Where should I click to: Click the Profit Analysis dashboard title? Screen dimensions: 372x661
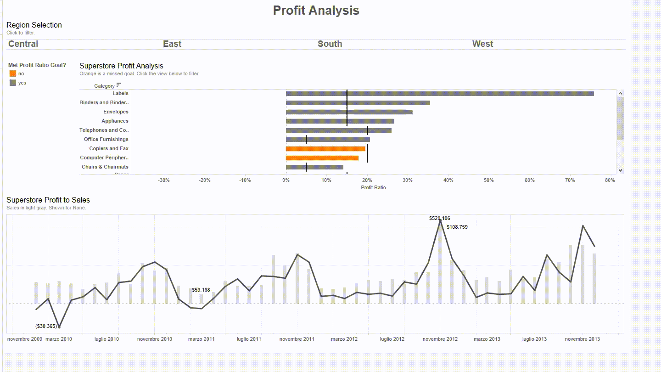click(316, 11)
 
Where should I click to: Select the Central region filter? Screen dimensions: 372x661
click(23, 44)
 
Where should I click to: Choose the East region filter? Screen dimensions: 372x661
click(172, 44)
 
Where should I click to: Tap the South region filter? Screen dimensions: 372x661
click(330, 44)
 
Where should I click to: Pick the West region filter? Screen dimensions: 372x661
click(482, 44)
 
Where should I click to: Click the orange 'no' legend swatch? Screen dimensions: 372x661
click(13, 73)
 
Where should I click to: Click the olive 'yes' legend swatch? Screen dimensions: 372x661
click(13, 83)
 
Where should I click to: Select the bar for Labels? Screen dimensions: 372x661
click(439, 94)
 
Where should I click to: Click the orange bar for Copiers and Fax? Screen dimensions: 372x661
click(325, 149)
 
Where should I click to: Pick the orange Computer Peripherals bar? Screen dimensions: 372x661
click(322, 158)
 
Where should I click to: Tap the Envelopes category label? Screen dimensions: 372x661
click(116, 112)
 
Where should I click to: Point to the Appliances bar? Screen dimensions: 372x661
click(340, 121)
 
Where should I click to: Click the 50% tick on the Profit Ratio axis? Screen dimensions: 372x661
click(489, 180)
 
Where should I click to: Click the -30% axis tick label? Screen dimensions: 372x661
click(164, 180)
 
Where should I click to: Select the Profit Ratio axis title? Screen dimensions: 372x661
click(373, 187)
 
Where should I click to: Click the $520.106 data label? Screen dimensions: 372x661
click(439, 219)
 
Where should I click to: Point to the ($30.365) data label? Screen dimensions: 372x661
click(46, 327)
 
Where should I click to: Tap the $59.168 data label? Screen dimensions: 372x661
click(201, 290)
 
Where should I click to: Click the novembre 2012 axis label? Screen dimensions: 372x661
click(440, 339)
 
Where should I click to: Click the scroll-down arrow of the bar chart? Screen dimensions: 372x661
click(620, 170)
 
